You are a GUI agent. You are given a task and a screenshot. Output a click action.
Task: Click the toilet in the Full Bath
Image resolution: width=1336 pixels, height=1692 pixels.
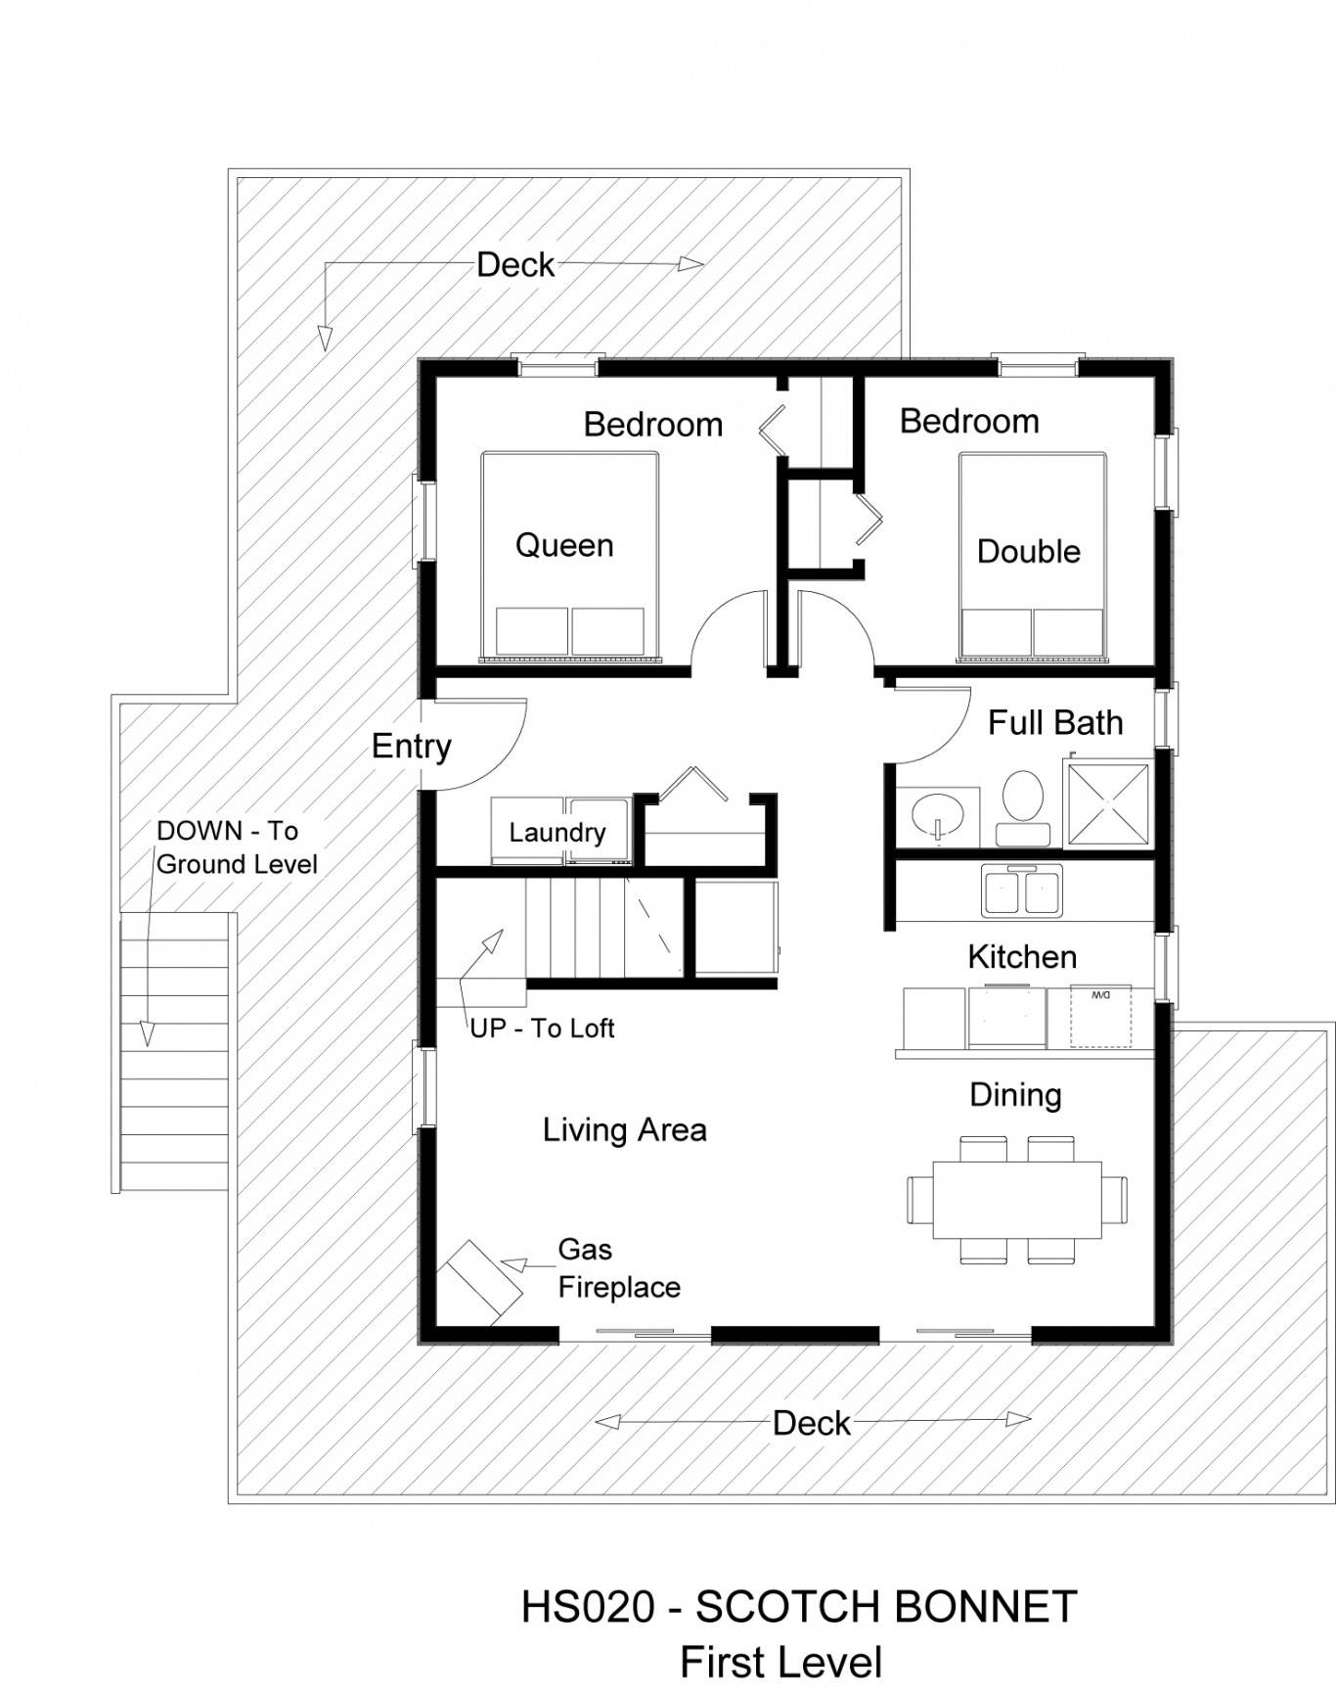[x=1023, y=807]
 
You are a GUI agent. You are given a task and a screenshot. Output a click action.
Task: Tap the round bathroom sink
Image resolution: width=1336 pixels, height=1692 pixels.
[x=937, y=813]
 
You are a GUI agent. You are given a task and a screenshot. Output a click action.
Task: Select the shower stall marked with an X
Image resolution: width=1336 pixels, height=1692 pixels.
[x=1108, y=804]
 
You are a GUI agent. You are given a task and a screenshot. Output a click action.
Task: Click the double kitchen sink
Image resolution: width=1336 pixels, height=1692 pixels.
[x=1022, y=892]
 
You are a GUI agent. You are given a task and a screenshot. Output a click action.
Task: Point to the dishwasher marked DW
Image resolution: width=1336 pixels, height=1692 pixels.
[x=1100, y=1016]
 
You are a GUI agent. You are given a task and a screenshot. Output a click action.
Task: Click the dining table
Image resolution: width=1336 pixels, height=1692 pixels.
[x=1017, y=1199]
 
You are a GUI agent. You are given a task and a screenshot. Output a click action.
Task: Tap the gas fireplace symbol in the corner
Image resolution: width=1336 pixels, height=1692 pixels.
[x=478, y=1282]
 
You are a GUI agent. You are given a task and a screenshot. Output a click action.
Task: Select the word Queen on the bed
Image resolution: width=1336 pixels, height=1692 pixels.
[x=564, y=545]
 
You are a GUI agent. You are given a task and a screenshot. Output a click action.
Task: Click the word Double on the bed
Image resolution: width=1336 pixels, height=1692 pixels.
[x=1029, y=552]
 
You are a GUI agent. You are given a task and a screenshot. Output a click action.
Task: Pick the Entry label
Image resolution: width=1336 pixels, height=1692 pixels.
[x=412, y=747]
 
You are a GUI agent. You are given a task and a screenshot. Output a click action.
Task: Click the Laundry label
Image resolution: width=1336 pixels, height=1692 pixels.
[x=557, y=833]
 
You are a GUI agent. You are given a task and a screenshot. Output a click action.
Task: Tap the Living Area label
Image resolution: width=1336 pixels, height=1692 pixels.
[x=625, y=1130]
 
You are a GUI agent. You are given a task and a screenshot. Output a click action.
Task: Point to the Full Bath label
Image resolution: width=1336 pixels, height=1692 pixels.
[x=1055, y=723]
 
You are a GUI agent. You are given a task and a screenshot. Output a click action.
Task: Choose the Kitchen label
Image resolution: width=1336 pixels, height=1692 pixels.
[x=1022, y=957]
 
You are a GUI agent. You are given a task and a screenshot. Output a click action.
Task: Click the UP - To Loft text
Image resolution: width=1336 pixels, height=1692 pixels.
[x=542, y=1029]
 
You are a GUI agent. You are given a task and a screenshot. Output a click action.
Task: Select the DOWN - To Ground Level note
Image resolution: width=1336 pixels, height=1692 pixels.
[x=237, y=847]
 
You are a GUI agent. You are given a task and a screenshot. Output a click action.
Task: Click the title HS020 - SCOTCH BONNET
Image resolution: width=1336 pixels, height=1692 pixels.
[x=799, y=1607]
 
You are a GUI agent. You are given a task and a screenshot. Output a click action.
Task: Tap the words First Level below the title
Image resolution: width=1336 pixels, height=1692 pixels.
[x=781, y=1663]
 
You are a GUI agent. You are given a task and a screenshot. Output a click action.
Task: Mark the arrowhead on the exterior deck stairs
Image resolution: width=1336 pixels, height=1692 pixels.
[x=147, y=1034]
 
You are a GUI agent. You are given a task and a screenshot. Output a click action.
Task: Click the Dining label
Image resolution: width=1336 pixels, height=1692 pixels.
[x=1015, y=1096]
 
